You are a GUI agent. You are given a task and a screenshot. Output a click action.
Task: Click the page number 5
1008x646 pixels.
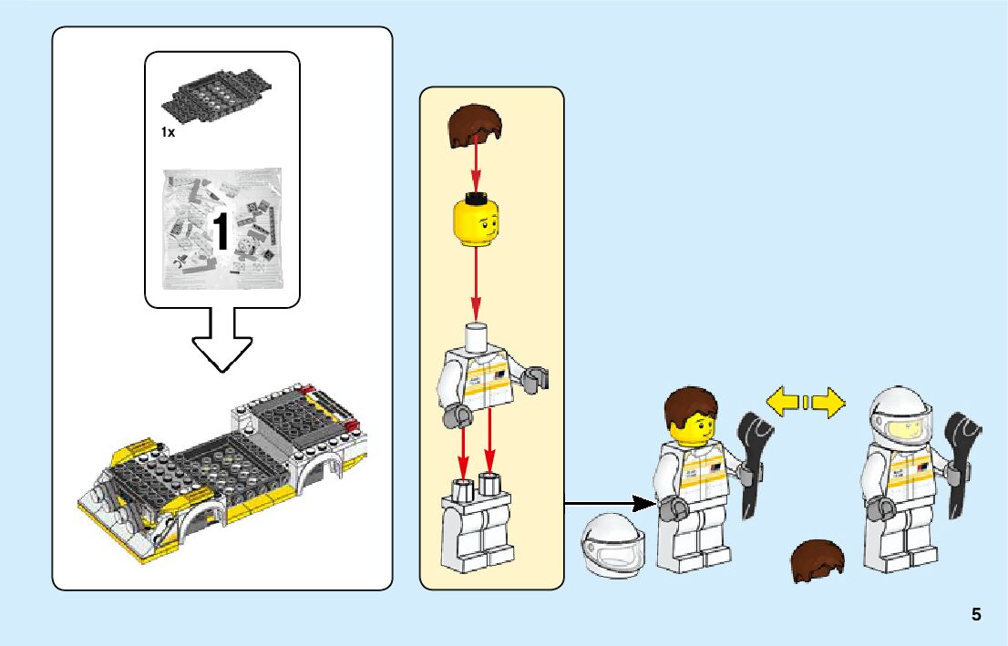[x=976, y=614]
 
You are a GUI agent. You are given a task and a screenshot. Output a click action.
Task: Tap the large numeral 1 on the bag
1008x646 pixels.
[x=221, y=231]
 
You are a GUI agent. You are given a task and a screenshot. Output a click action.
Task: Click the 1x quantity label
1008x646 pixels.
[x=168, y=132]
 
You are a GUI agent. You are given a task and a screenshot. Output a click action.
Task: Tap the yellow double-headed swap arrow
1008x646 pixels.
[x=805, y=403]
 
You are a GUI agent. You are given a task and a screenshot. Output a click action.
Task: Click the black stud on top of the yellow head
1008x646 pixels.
[x=475, y=195]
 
